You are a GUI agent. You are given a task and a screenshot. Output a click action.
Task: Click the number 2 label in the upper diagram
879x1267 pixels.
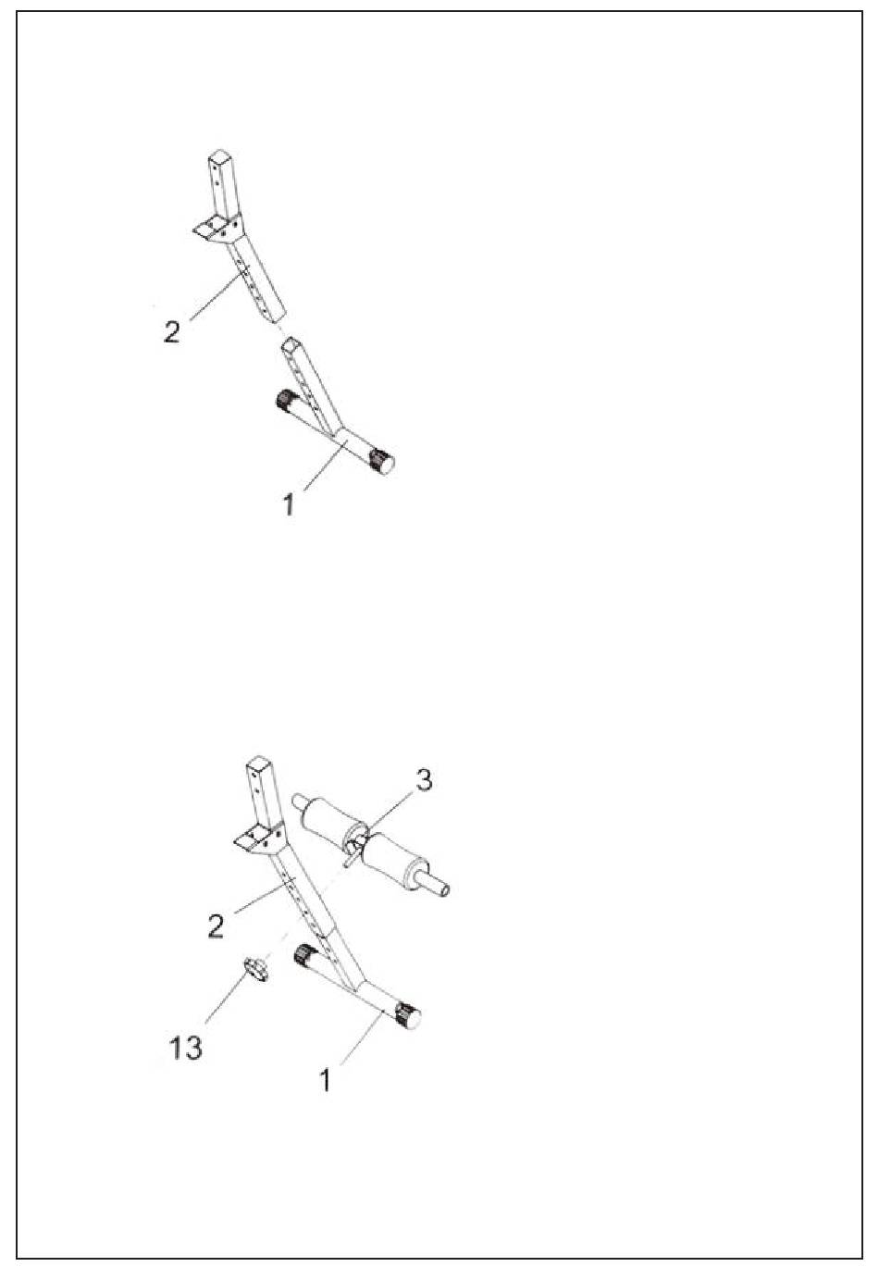pos(172,331)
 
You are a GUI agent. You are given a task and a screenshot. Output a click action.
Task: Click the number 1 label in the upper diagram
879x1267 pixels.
pos(290,504)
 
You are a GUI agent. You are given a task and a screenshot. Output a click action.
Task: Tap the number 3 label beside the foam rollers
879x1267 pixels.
pos(422,780)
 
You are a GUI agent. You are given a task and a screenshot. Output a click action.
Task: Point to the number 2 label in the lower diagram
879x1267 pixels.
pos(216,925)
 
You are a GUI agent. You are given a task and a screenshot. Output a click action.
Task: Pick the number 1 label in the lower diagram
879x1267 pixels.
pos(325,1079)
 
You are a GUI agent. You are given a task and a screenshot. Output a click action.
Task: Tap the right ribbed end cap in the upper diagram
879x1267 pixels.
pos(380,461)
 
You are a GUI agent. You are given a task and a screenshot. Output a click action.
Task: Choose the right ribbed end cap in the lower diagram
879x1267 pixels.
pos(408,1016)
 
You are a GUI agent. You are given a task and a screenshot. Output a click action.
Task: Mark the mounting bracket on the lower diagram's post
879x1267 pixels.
pos(258,838)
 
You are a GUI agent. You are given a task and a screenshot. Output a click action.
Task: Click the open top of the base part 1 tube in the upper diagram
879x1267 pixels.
pos(291,343)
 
